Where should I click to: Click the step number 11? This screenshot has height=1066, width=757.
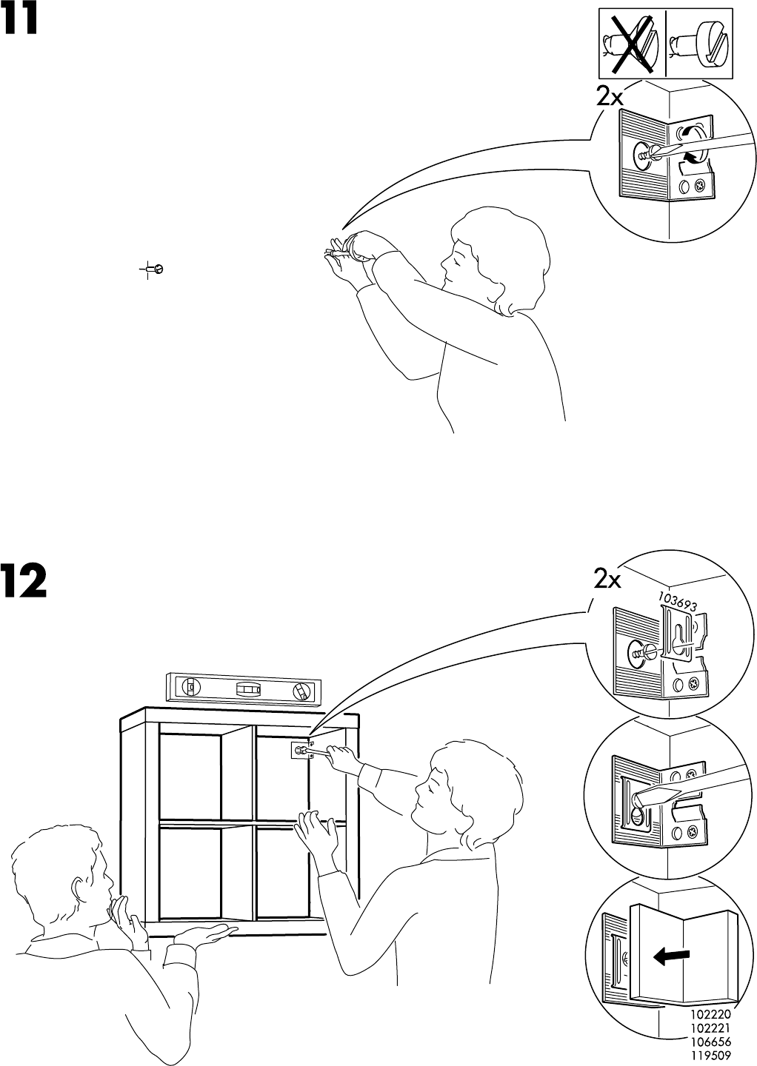(20, 20)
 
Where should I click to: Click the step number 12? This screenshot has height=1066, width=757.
(24, 581)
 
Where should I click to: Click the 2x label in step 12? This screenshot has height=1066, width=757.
(607, 580)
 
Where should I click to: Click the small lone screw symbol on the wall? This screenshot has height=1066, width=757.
(155, 269)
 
